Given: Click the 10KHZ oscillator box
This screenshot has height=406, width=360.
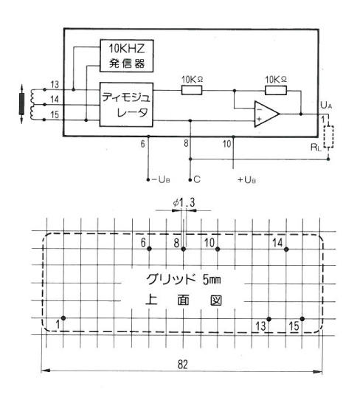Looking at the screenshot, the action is (x=127, y=55).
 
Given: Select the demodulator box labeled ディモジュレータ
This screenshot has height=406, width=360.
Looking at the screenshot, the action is (x=126, y=105).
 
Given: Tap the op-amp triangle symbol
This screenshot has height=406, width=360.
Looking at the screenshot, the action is (x=267, y=114).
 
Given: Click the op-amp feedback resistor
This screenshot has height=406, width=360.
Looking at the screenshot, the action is (x=276, y=91).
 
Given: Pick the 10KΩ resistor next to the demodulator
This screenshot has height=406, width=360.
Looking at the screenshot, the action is (x=192, y=91).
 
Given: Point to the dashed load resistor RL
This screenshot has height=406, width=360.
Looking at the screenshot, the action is (x=328, y=137).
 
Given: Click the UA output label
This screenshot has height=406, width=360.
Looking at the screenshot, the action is (x=326, y=106).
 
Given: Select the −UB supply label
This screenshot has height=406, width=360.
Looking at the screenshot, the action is (x=161, y=179).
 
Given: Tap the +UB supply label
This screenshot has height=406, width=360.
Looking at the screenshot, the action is (x=246, y=179).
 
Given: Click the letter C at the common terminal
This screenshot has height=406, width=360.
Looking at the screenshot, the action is (x=197, y=179).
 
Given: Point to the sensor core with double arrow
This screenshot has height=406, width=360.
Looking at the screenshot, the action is (x=21, y=104).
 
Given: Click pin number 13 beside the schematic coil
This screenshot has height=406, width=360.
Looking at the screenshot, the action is (x=55, y=84).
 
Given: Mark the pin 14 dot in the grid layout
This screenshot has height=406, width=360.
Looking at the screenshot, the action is (x=286, y=250).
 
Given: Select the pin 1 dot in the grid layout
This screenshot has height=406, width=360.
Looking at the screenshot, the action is (x=63, y=318).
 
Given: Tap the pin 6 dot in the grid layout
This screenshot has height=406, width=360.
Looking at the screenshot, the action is (x=149, y=249).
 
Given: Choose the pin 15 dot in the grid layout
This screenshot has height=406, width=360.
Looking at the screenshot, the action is (x=302, y=319).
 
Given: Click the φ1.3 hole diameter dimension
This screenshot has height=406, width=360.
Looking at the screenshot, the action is (x=184, y=203).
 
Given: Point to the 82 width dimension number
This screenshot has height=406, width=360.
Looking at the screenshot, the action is (x=183, y=364).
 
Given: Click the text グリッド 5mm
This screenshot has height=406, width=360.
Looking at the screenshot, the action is (x=184, y=279).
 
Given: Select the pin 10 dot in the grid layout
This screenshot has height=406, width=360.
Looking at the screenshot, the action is (x=218, y=249).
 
